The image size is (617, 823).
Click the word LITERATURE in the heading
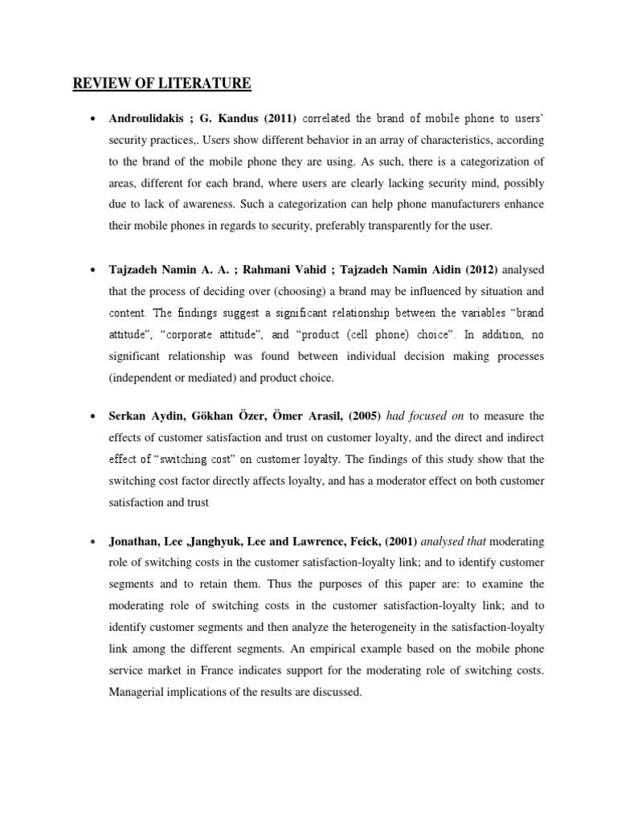click(209, 83)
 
